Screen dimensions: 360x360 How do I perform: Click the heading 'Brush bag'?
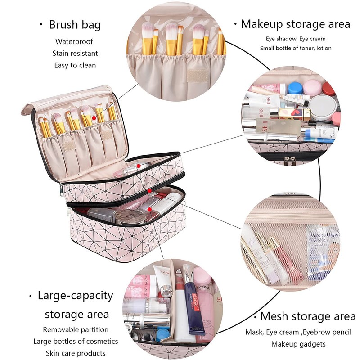coord(75,25)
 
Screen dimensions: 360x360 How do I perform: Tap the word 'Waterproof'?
coord(74,42)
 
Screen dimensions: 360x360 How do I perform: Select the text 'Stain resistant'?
coord(75,54)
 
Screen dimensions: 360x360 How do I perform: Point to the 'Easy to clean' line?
coord(75,65)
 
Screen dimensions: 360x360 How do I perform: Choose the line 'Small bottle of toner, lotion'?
coord(295,48)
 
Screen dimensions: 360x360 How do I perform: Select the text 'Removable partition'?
coord(76,330)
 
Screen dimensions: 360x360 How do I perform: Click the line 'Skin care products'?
coord(76,353)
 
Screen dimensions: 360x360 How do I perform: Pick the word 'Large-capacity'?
coord(75,296)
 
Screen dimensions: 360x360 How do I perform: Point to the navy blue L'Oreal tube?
coord(194,306)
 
